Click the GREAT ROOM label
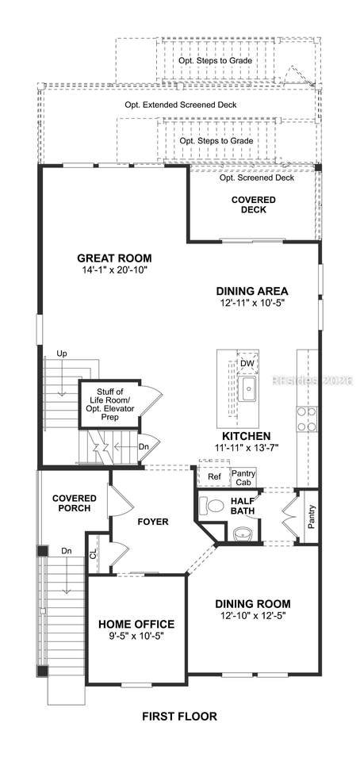click(114, 258)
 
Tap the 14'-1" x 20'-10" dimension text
click(114, 270)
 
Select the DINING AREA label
click(252, 291)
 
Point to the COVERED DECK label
click(253, 205)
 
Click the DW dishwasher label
click(246, 363)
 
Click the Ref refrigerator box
click(214, 476)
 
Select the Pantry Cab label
click(243, 476)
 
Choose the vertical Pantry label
click(311, 517)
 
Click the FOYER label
click(153, 522)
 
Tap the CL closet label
click(93, 554)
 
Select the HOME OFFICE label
click(136, 624)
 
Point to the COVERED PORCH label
click(75, 503)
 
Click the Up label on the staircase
click(61, 354)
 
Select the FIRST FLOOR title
click(179, 716)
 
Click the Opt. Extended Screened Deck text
click(181, 105)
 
